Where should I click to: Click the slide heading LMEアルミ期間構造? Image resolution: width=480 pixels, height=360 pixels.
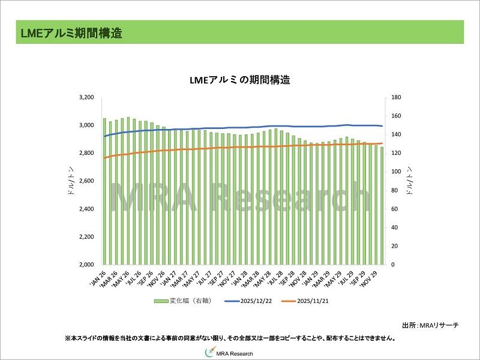(x=71, y=34)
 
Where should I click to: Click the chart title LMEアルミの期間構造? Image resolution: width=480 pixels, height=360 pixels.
(x=240, y=80)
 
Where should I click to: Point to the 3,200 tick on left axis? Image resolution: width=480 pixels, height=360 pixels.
(x=86, y=97)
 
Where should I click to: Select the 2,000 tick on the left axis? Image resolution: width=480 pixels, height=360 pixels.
(x=86, y=265)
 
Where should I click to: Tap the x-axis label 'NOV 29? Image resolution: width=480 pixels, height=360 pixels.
(x=368, y=277)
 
